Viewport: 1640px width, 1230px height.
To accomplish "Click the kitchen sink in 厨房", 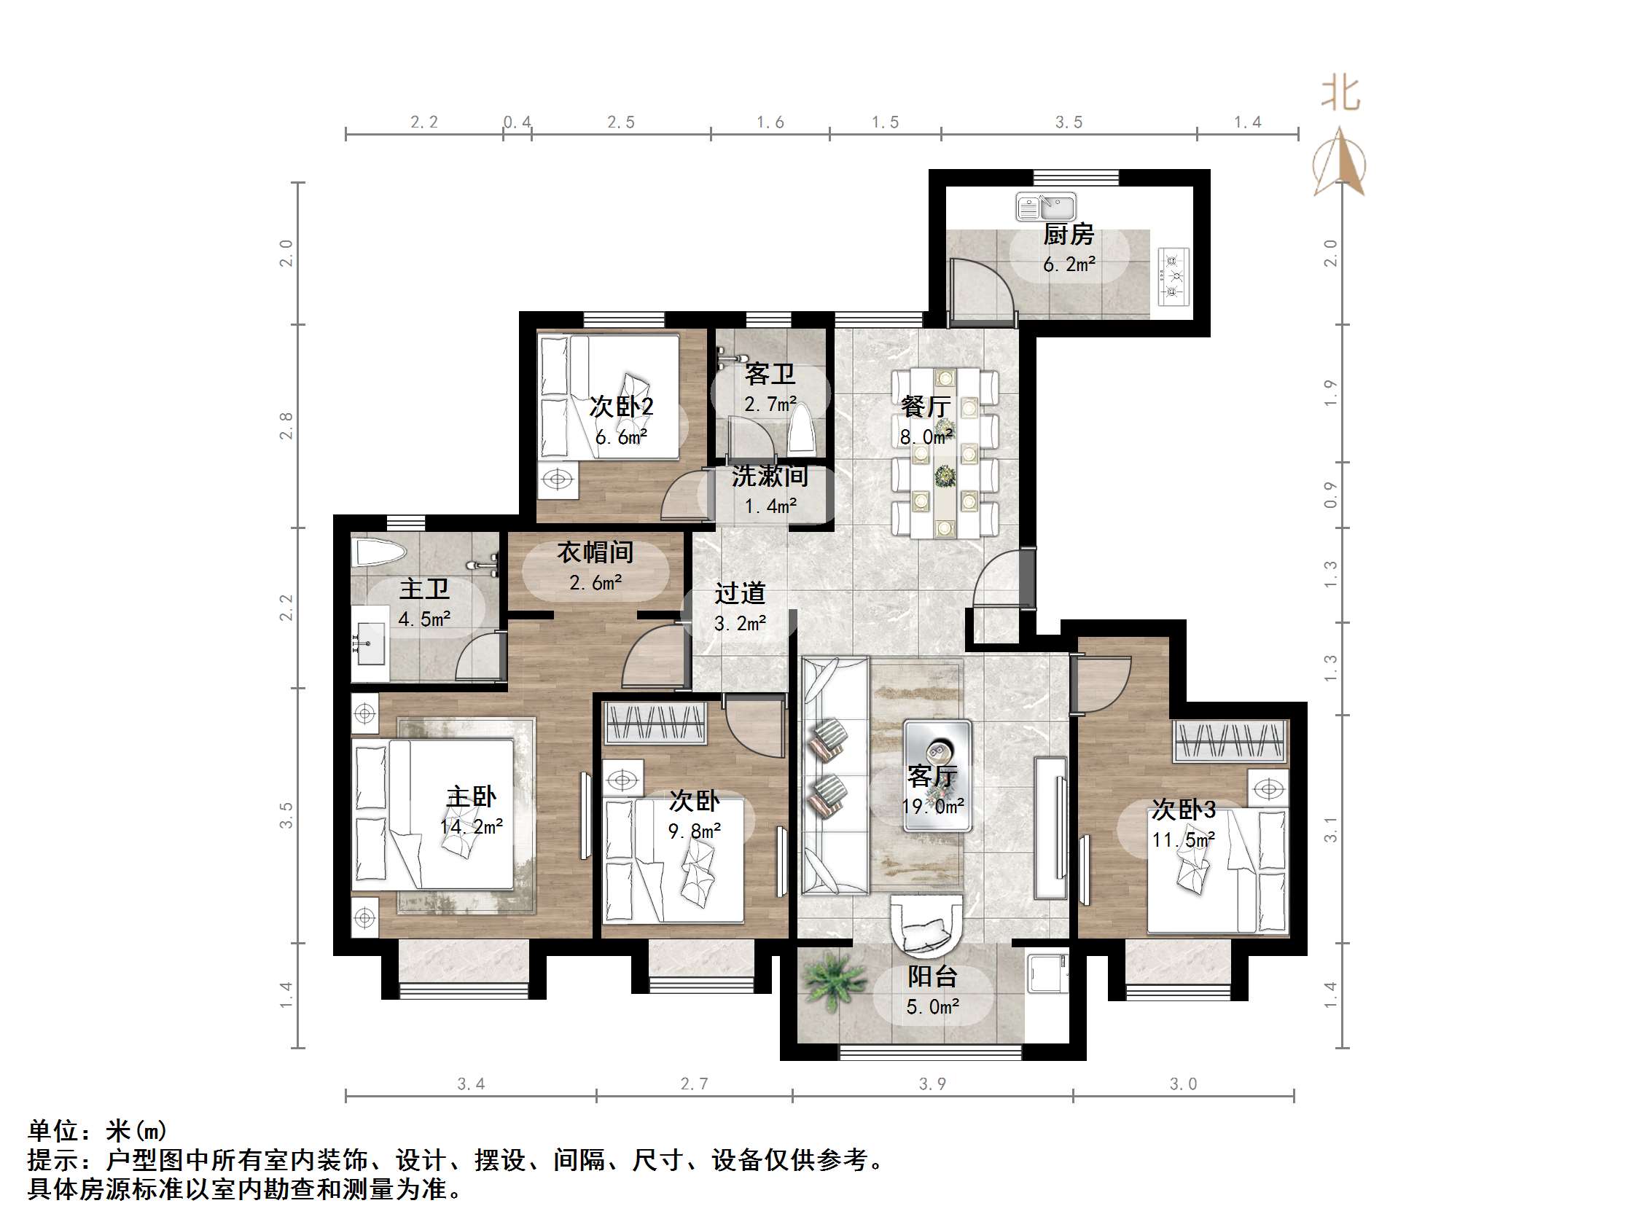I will pos(1045,207).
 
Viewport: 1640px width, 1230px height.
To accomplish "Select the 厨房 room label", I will pos(1069,235).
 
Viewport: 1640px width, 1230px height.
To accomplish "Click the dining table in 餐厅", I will pos(945,452).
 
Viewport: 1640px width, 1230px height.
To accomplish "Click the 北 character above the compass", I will pos(1340,95).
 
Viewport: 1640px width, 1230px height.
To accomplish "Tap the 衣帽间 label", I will pos(596,552).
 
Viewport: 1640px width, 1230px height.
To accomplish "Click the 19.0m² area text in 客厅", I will pos(933,806).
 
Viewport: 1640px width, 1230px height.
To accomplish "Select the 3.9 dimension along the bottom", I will pos(932,1084).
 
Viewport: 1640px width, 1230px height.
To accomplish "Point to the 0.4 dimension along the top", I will pos(517,122).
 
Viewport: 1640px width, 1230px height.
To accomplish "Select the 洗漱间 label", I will pos(770,476).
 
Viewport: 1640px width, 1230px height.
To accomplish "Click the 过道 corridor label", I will pos(739,593).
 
